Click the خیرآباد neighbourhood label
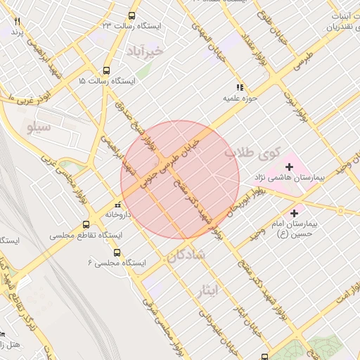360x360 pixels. pos(146,51)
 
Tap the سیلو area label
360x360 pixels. pos(39,127)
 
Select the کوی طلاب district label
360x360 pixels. pos(252,152)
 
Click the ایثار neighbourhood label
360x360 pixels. pos(209,291)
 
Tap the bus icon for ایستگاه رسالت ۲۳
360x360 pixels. pos(131,35)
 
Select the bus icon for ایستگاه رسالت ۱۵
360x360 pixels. pos(106,70)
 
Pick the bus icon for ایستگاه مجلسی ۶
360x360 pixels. pos(117,252)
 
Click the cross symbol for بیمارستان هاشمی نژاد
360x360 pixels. pos(289,167)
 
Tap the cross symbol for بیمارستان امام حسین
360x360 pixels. pos(294,212)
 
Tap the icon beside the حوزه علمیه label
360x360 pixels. pos(240,88)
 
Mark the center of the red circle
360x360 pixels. pos(180,180)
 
